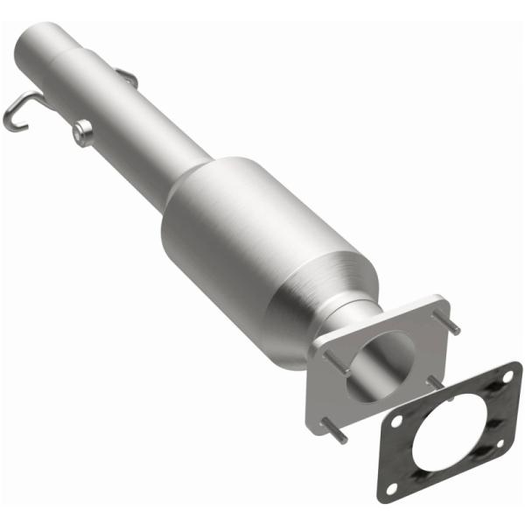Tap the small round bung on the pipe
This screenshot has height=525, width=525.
click(83, 132)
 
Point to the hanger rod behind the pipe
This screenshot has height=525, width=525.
click(127, 78)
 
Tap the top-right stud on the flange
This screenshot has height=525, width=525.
click(454, 325)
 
